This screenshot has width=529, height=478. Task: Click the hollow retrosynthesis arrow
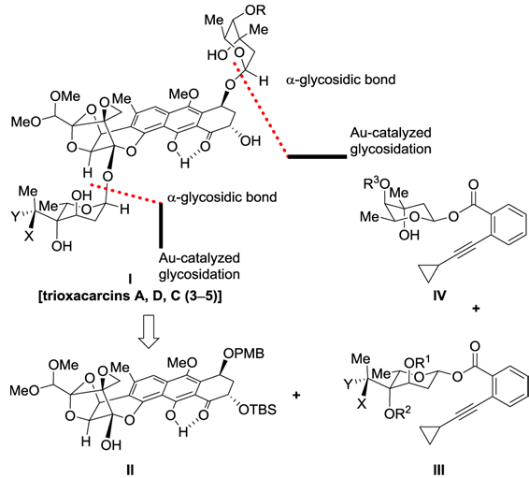(149, 332)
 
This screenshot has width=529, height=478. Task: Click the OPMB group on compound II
(244, 354)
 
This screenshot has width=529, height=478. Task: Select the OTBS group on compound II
(257, 410)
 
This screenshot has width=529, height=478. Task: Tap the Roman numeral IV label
(439, 296)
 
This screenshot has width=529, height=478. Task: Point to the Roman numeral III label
(438, 470)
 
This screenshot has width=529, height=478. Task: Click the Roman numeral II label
(130, 470)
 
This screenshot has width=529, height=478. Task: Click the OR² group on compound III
(398, 413)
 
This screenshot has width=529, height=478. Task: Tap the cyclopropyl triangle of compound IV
(428, 272)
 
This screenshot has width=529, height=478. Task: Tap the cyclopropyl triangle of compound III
(430, 434)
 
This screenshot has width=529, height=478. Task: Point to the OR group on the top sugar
(255, 10)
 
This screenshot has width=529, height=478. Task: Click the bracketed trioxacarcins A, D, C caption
(130, 296)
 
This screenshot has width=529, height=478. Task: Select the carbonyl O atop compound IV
(473, 184)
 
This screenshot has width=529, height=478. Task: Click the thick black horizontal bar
(317, 156)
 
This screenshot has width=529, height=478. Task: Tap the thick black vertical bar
(161, 225)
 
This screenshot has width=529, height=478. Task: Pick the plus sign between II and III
(296, 395)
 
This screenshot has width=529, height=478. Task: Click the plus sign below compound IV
(476, 309)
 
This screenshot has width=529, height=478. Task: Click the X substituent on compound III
(362, 404)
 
